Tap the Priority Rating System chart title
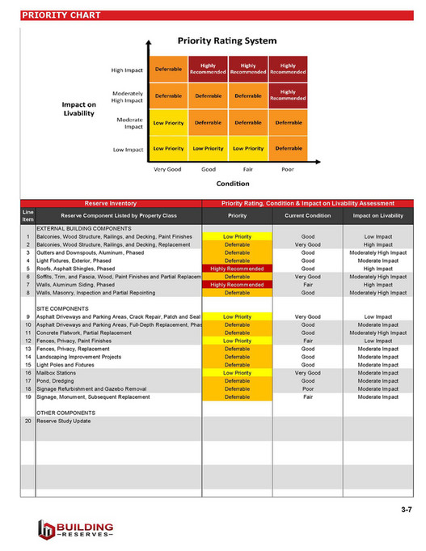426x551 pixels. [227, 40]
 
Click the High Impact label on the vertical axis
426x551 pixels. [127, 70]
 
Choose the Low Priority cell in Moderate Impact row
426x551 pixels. [168, 124]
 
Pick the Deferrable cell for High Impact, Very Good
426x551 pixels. [168, 70]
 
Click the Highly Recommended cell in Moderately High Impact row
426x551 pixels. [288, 96]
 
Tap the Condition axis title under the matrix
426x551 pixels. [228, 183]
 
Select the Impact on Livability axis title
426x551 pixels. [80, 109]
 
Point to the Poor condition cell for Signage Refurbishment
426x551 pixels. [308, 388]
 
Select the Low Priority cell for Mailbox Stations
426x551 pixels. [237, 372]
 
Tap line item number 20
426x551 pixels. [27, 422]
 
